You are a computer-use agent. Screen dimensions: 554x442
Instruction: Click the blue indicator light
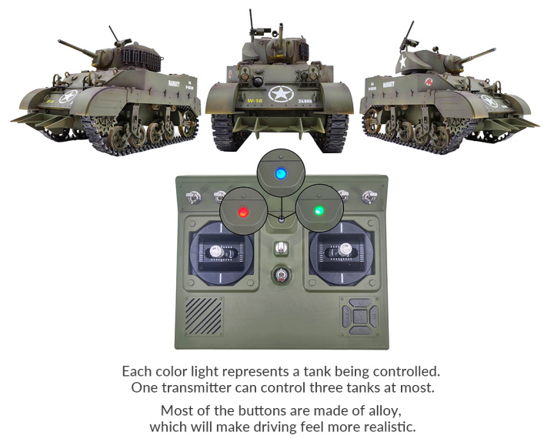tap(281, 173)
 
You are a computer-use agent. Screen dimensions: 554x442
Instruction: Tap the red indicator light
tap(243, 213)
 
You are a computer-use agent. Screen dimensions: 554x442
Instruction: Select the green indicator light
tap(319, 210)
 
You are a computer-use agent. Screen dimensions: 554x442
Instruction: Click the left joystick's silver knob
tap(215, 251)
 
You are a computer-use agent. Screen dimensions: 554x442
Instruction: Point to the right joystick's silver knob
tap(345, 249)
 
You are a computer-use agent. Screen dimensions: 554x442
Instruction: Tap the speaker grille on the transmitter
tap(203, 316)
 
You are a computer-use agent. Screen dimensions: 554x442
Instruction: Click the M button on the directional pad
tap(360, 303)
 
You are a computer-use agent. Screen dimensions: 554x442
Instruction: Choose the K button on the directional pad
tap(360, 330)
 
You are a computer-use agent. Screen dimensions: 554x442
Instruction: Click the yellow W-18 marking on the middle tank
tap(255, 101)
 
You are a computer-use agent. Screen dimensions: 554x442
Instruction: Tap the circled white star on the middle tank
tap(281, 94)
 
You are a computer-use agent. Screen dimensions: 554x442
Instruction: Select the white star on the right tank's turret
tap(402, 62)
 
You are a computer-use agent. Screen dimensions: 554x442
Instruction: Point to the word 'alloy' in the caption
tap(385, 411)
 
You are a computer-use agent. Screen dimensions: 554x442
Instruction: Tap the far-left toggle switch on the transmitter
tap(193, 197)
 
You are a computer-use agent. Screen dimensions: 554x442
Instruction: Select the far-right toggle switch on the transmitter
tap(369, 196)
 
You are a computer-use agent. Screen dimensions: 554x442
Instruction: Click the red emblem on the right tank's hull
tap(429, 82)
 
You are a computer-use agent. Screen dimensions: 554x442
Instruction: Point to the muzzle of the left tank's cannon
tap(60, 42)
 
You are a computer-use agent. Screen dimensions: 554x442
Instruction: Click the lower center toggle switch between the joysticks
tap(281, 275)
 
